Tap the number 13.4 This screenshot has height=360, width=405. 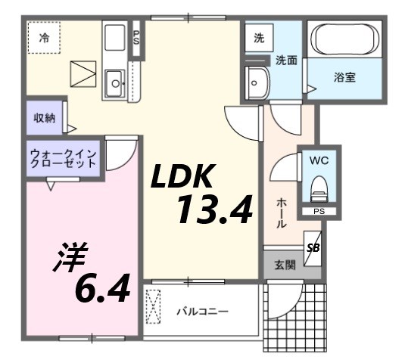tap(214, 209)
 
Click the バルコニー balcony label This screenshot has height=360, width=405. tap(202, 311)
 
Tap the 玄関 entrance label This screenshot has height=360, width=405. tap(285, 265)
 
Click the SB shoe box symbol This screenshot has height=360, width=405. tap(313, 247)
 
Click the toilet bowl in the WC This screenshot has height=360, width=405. tap(319, 186)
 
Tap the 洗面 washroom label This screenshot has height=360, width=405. tap(285, 60)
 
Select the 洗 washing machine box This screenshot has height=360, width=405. tap(259, 37)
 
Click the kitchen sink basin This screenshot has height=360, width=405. tap(116, 82)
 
